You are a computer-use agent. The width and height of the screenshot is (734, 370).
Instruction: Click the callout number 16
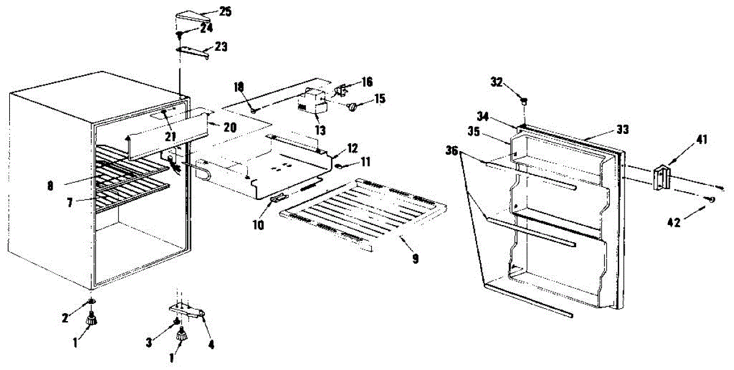366,81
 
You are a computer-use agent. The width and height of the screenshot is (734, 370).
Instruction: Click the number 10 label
259,225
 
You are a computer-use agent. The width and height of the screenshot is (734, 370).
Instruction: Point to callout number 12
352,148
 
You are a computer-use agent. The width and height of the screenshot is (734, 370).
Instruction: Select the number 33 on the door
623,130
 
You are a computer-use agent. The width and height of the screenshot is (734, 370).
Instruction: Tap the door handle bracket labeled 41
662,178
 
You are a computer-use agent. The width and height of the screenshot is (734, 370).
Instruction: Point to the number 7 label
71,202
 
